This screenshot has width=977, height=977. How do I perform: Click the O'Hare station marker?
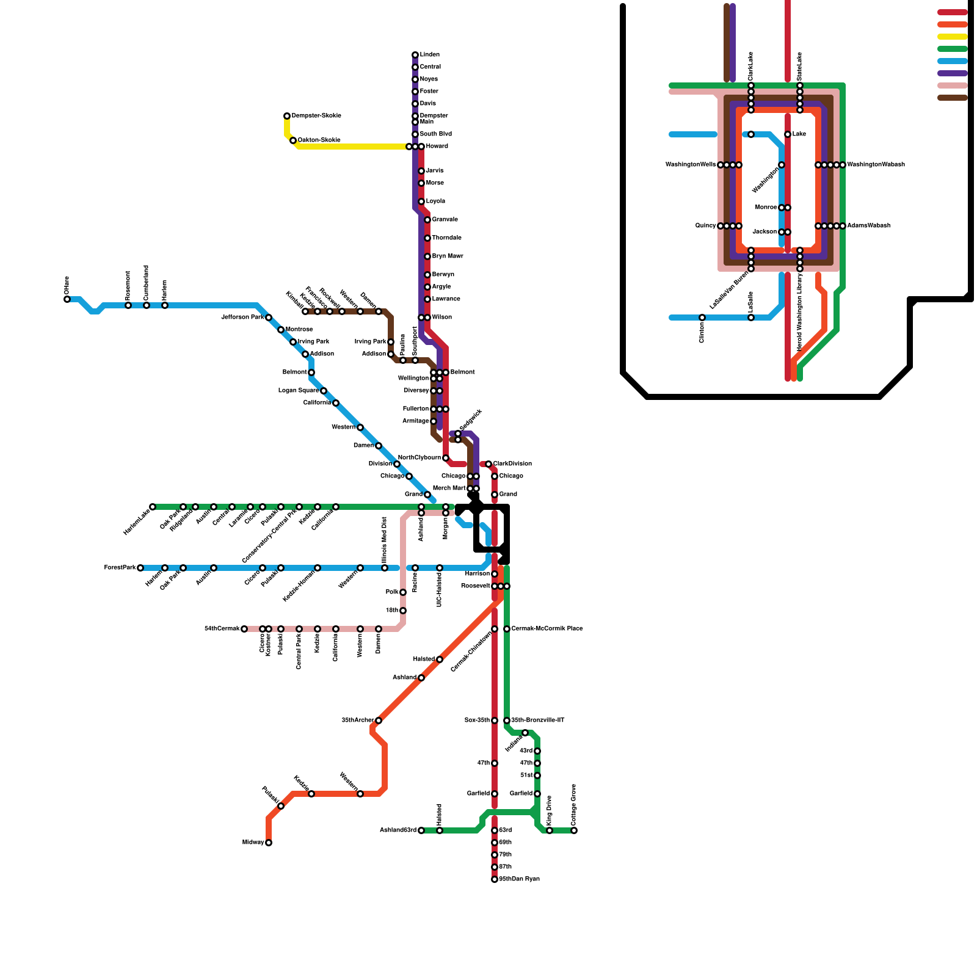pos(67,299)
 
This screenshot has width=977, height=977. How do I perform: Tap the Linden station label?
pos(429,55)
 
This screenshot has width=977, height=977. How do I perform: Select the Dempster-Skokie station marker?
pos(287,116)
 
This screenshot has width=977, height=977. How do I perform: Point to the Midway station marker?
pos(269,843)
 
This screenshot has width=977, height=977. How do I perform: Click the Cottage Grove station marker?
pos(574,830)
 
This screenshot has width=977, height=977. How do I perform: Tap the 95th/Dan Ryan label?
pos(519,879)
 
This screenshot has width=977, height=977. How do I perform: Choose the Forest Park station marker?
pos(140,568)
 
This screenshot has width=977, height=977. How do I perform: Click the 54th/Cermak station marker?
pos(244,629)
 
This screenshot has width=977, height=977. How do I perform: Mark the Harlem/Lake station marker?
pos(153,507)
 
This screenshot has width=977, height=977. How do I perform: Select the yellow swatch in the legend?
pos(953,37)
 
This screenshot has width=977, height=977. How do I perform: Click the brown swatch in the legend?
pos(953,98)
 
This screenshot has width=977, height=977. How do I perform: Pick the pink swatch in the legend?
pos(953,85)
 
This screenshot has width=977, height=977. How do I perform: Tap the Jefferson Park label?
pos(242,318)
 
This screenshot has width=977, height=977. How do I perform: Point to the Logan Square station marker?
pos(324,391)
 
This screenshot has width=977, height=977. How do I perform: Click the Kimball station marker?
pos(305,311)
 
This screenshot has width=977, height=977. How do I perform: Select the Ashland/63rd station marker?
pos(421,830)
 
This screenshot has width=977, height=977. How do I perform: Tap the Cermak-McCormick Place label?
pos(547,629)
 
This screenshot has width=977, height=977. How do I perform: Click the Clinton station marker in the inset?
pos(702,318)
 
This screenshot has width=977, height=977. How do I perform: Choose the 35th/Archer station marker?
pos(379,721)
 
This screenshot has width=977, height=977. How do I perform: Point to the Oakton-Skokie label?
pos(319,140)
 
